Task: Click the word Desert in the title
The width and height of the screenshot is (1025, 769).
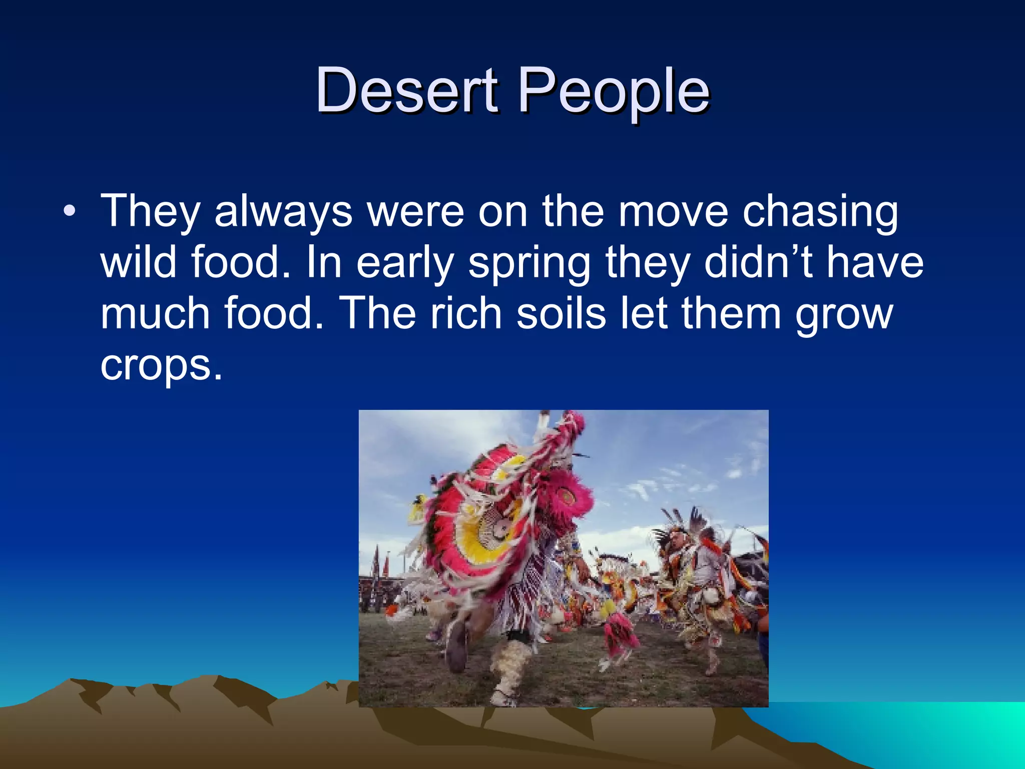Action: pos(407,91)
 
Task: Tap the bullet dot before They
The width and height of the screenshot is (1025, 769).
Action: pos(70,211)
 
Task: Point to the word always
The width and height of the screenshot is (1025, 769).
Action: pos(283,211)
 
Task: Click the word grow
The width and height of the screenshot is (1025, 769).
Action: pos(844,315)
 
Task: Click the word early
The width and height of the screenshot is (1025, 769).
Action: pos(404,264)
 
